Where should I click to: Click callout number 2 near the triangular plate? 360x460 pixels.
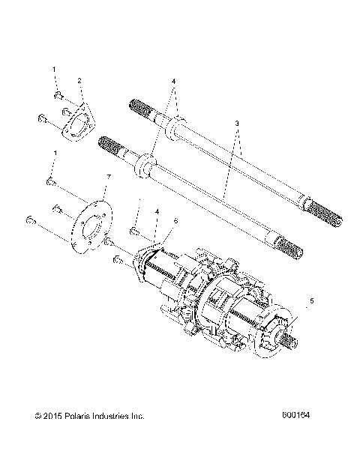(x=79, y=80)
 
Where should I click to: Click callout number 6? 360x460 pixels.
(x=176, y=221)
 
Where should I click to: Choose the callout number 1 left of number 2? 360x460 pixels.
(x=54, y=70)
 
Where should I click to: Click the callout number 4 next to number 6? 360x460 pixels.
(x=156, y=212)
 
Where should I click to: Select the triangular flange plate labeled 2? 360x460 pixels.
(x=75, y=118)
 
